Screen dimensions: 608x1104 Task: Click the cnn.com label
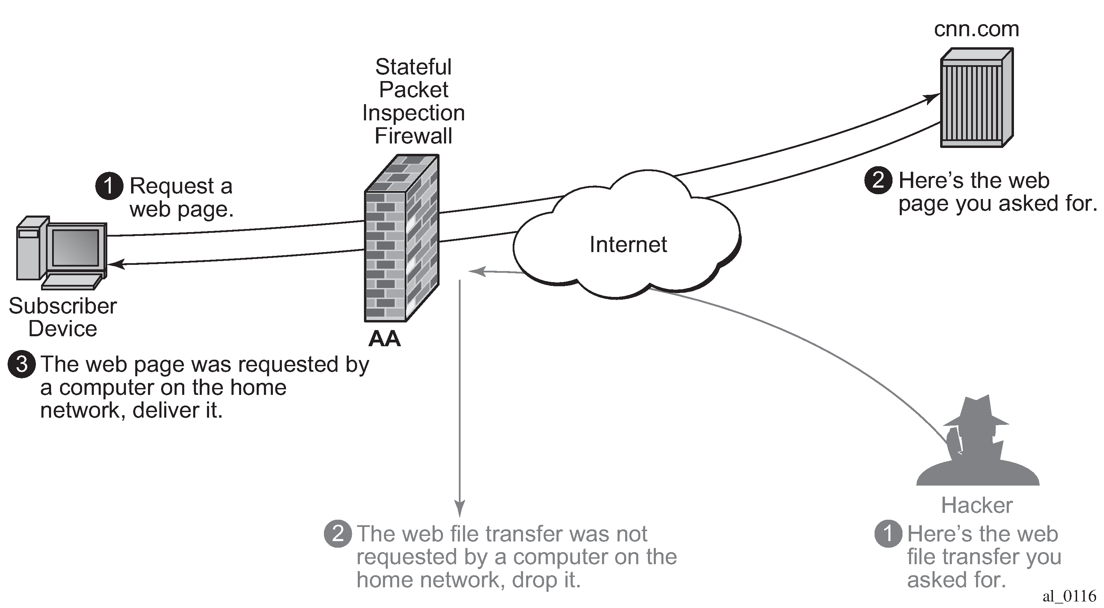pyautogui.click(x=976, y=29)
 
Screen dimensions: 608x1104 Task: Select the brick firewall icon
pyautogui.click(x=401, y=238)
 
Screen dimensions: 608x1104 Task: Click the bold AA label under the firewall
pyautogui.click(x=384, y=339)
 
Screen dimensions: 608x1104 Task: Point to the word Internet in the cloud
pyautogui.click(x=628, y=245)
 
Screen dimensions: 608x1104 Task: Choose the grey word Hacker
pyautogui.click(x=977, y=505)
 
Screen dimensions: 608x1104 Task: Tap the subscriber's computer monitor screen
pyautogui.click(x=76, y=248)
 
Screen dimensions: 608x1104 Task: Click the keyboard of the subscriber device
pyautogui.click(x=72, y=281)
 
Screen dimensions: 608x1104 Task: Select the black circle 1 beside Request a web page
pyautogui.click(x=109, y=186)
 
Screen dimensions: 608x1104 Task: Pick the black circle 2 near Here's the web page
pyautogui.click(x=878, y=180)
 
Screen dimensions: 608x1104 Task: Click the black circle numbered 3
pyautogui.click(x=21, y=364)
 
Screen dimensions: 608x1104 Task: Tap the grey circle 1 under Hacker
pyautogui.click(x=888, y=534)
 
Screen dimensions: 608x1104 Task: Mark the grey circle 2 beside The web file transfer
pyautogui.click(x=338, y=534)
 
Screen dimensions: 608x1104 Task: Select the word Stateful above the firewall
pyautogui.click(x=413, y=67)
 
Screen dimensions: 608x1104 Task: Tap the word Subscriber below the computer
pyautogui.click(x=62, y=306)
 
